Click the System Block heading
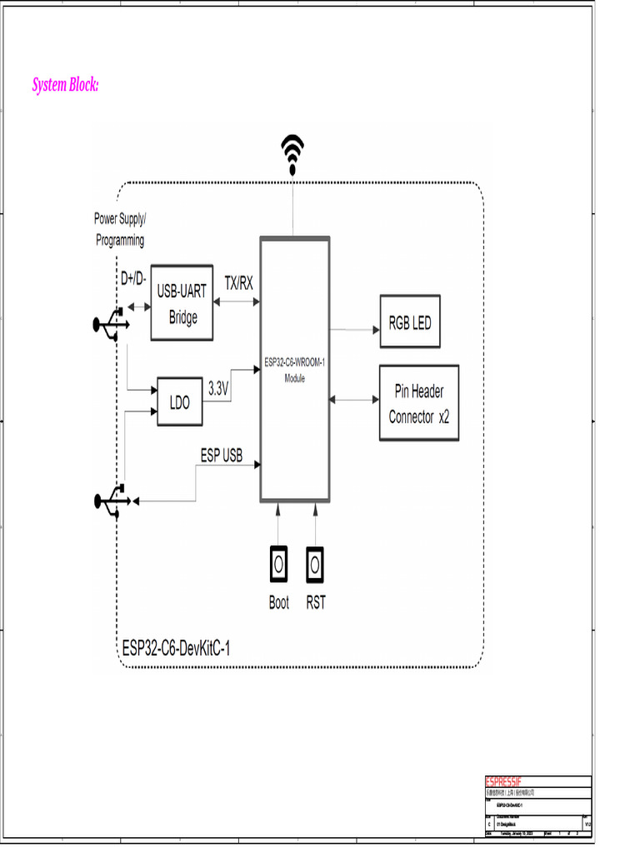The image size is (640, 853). (66, 85)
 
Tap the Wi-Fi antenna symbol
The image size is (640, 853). (292, 155)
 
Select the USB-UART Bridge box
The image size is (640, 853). (182, 305)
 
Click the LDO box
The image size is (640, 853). (180, 402)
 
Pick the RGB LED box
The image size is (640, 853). (410, 322)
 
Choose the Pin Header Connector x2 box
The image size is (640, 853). (418, 404)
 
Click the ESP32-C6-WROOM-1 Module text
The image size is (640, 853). (294, 370)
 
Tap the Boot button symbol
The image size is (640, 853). (278, 565)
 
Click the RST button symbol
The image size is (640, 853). (315, 565)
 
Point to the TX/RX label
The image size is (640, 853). (238, 283)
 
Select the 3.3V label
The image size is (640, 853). (218, 388)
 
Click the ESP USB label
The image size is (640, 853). (221, 456)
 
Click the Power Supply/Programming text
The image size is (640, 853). (119, 229)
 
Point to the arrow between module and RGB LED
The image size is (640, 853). (354, 330)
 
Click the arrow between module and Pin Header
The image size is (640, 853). (354, 401)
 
